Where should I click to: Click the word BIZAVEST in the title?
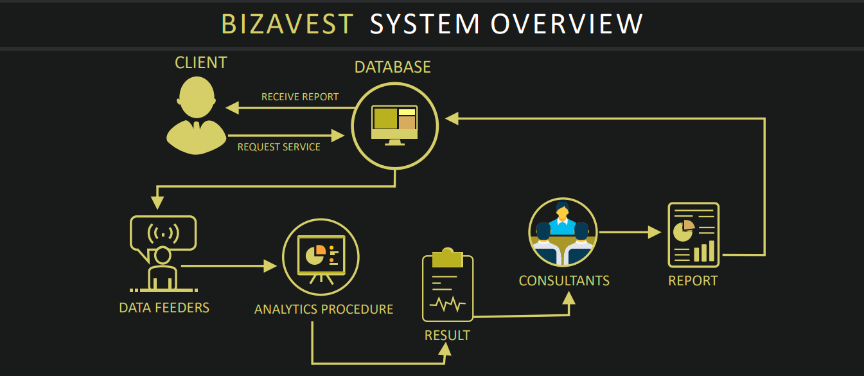point(287,24)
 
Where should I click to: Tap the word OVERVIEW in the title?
point(567,24)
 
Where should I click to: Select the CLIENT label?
point(201,62)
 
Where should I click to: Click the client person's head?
point(197,97)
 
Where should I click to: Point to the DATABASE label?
point(392,67)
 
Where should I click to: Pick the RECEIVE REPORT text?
point(300,96)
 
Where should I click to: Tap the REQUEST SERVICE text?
point(279,147)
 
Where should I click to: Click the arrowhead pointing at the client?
point(232,108)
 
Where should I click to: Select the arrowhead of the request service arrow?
point(338,136)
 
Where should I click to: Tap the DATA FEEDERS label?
point(164,308)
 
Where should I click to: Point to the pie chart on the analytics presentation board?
point(316,255)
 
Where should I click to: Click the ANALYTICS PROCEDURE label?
point(324,309)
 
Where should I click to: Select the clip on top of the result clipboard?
point(448,258)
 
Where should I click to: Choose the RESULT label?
point(448,336)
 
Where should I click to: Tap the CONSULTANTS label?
point(564,281)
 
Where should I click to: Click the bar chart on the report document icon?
point(704,251)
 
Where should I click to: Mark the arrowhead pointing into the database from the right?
point(452,118)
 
